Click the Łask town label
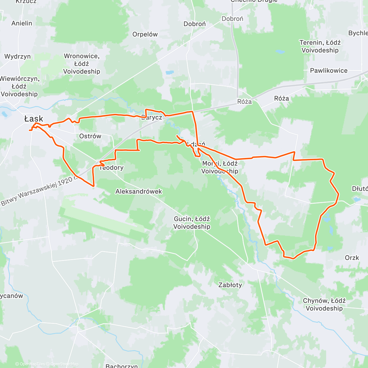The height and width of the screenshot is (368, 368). coord(34,119)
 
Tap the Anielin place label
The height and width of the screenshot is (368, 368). coord(22,23)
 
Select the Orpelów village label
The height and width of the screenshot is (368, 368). coord(145,34)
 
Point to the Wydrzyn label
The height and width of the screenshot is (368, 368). coord(17,56)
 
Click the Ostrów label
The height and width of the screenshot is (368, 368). coord(90,136)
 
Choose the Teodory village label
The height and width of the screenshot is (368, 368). coord(112,167)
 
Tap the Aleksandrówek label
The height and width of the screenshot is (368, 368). coord(139,191)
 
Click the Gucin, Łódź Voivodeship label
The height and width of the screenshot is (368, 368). coord(192,223)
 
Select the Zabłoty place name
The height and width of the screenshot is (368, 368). coord(230,285)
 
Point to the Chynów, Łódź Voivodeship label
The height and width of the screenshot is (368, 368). coord(324,305)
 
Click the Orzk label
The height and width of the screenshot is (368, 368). coord(352,258)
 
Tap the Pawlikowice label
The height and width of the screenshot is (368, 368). coord(329,71)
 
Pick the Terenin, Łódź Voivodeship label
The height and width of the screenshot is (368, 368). coord(320,46)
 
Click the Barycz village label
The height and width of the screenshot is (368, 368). coord(151,117)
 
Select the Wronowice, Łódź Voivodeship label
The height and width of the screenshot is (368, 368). coord(82,64)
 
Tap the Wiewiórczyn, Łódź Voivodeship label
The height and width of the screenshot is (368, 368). coord(19,86)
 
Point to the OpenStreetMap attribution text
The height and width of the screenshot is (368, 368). coord(64,364)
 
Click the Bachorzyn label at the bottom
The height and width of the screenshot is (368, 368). coord(122,366)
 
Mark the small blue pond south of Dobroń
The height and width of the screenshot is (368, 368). coord(170,73)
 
